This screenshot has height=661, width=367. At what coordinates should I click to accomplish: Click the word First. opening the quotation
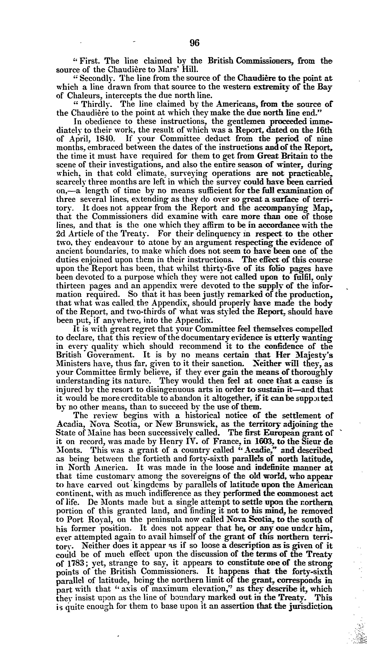pos(88,61)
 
